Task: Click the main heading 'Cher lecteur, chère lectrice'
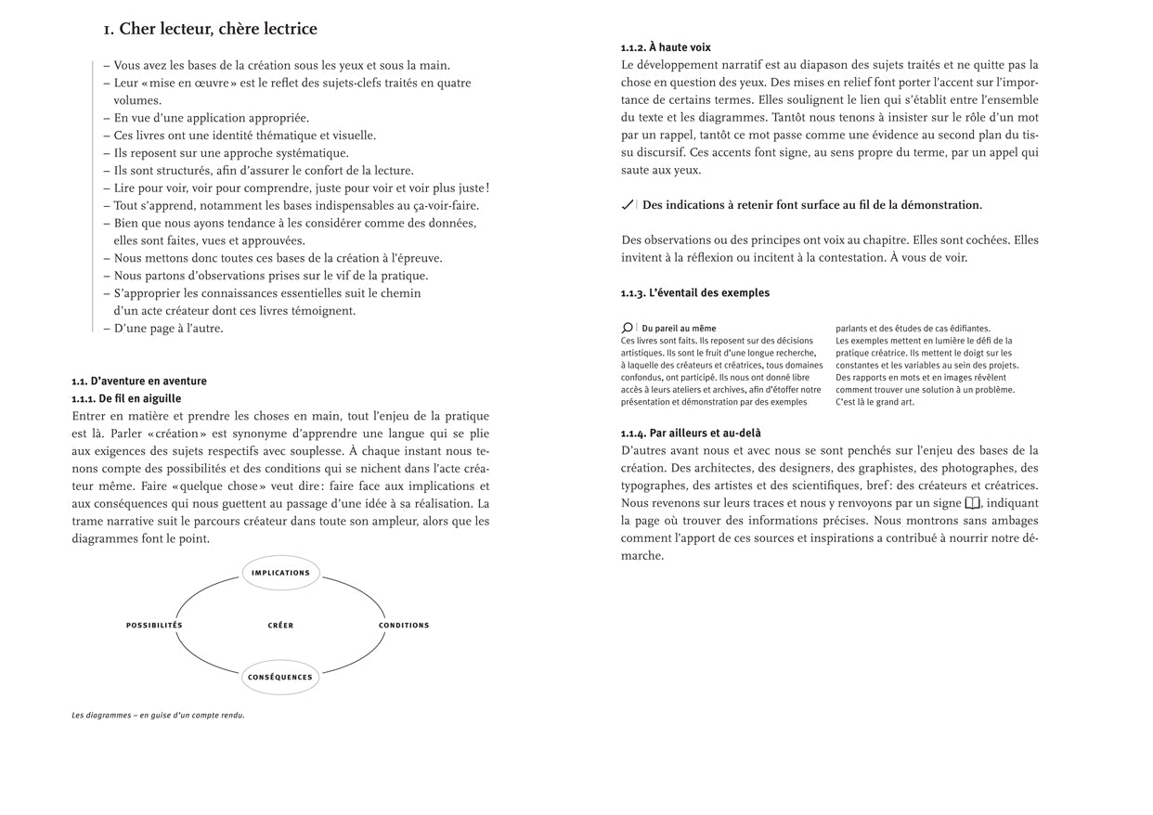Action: (x=211, y=29)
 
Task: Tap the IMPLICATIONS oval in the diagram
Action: (x=280, y=573)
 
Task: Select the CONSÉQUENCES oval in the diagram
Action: (x=280, y=677)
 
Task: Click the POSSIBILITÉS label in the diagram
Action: (x=154, y=625)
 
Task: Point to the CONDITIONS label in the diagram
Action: (x=404, y=625)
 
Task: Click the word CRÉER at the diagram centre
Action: (x=280, y=625)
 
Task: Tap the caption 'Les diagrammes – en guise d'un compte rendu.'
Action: (x=158, y=716)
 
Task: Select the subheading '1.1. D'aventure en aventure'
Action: (x=139, y=381)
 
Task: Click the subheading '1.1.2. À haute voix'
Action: (x=666, y=47)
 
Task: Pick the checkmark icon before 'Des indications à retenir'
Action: (x=628, y=205)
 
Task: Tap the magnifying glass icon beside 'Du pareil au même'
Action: (x=628, y=328)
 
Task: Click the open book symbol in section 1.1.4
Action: (x=972, y=503)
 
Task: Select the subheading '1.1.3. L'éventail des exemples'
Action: (x=694, y=292)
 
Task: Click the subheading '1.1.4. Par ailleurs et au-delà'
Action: (x=691, y=433)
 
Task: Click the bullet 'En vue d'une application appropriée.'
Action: (x=211, y=118)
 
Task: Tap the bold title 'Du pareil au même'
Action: (x=679, y=328)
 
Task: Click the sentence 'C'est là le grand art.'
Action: (x=874, y=402)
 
